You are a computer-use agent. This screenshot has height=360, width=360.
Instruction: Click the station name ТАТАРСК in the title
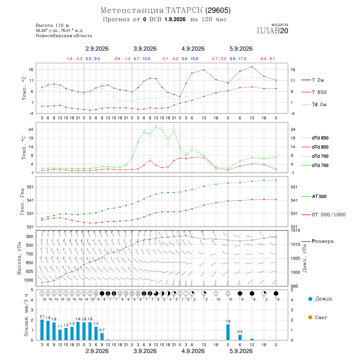[184, 10]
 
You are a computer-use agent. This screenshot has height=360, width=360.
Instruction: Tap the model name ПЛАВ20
[272, 31]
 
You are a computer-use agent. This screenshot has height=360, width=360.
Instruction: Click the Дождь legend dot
[310, 299]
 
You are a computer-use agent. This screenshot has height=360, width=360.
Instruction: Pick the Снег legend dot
[310, 317]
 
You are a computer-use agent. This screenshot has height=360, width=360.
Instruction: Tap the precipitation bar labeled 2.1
[42, 330]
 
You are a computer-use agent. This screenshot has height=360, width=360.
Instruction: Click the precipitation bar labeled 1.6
[228, 332]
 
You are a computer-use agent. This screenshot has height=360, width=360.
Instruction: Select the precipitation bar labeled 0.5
[240, 338]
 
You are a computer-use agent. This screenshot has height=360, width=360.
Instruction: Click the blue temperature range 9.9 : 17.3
[238, 59]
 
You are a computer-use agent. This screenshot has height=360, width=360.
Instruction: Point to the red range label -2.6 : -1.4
[122, 59]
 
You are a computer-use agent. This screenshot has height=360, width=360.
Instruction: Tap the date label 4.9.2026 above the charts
[193, 49]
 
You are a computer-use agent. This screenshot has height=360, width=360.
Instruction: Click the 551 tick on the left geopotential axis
[30, 187]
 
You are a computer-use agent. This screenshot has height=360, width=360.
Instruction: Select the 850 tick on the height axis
[29, 263]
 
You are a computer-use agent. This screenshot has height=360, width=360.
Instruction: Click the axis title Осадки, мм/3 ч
[26, 315]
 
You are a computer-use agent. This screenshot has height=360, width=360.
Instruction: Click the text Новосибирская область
[64, 36]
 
